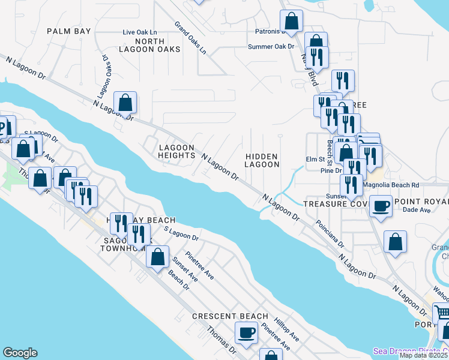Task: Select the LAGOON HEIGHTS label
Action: pos(176,151)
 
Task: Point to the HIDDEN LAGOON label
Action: pos(262,160)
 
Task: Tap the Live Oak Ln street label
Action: pos(139,32)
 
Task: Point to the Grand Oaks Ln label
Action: pos(190,38)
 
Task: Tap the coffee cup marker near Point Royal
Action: pos(381,206)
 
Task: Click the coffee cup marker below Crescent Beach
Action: pos(247,332)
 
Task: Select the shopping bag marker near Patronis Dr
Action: pos(292,21)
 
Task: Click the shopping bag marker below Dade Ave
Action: pos(395,242)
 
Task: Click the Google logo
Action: pos(20,353)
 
